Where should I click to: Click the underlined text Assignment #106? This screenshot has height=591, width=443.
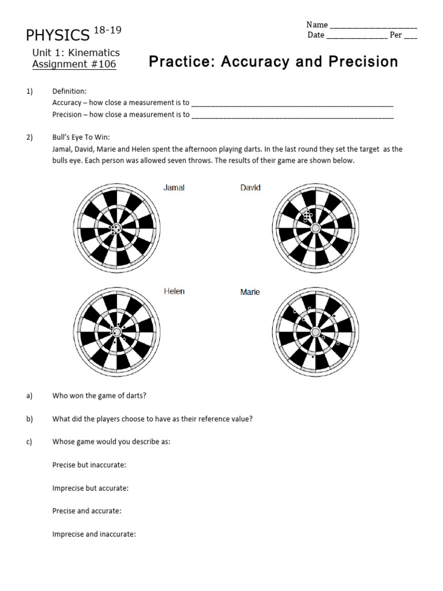pyautogui.click(x=74, y=64)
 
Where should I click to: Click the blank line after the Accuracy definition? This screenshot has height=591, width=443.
pyautogui.click(x=292, y=104)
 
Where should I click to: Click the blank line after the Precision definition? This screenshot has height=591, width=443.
pyautogui.click(x=292, y=117)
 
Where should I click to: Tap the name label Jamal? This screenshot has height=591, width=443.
pyautogui.click(x=174, y=188)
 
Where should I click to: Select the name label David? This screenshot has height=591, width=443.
pyautogui.click(x=250, y=188)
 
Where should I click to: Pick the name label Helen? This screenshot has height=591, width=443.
pyautogui.click(x=174, y=291)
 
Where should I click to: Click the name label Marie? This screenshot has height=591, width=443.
pyautogui.click(x=250, y=293)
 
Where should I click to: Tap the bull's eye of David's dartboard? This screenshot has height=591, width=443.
pyautogui.click(x=316, y=229)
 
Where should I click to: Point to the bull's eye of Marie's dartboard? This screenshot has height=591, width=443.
pyautogui.click(x=316, y=332)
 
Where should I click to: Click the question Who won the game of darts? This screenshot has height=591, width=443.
pyautogui.click(x=99, y=395)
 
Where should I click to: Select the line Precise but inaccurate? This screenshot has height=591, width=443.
pyautogui.click(x=89, y=465)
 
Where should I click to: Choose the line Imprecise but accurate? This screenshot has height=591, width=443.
pyautogui.click(x=91, y=488)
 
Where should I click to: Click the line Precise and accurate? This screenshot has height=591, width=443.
pyautogui.click(x=87, y=511)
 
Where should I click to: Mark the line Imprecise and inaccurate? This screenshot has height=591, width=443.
pyautogui.click(x=94, y=534)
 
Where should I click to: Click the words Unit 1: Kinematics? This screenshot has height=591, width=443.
pyautogui.click(x=76, y=53)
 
